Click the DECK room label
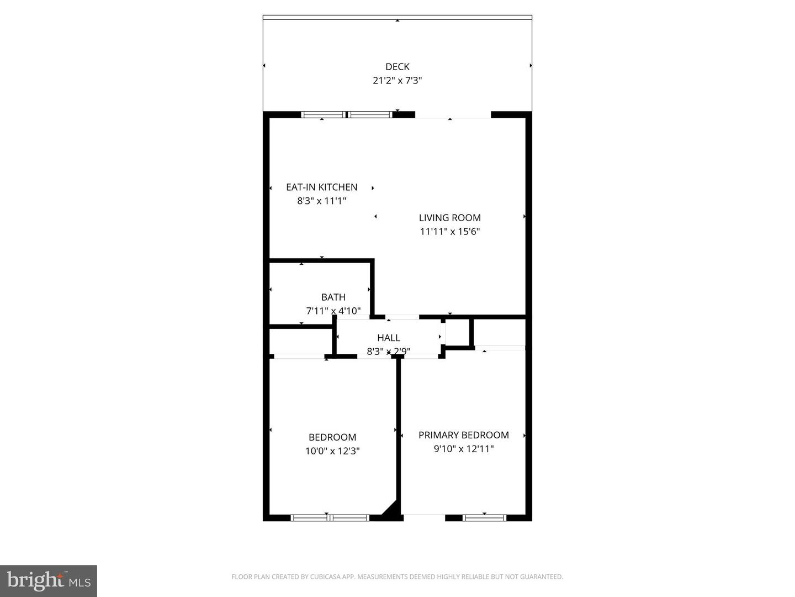click(x=397, y=67)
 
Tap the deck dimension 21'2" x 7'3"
click(x=397, y=81)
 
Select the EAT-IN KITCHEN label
click(x=321, y=187)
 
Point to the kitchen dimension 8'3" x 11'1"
click(x=321, y=201)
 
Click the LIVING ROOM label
click(x=449, y=218)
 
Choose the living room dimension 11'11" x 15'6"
click(x=449, y=232)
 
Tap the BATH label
click(x=333, y=297)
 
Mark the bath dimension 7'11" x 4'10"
click(x=333, y=311)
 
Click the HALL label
click(x=389, y=338)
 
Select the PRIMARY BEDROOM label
click(x=463, y=435)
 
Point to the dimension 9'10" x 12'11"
click(x=463, y=449)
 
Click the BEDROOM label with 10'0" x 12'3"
click(x=332, y=437)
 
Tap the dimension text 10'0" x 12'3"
click(x=332, y=451)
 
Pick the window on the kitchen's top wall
click(x=347, y=115)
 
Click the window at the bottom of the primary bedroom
click(x=484, y=518)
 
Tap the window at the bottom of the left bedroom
click(x=330, y=518)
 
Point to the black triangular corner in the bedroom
click(x=391, y=511)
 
